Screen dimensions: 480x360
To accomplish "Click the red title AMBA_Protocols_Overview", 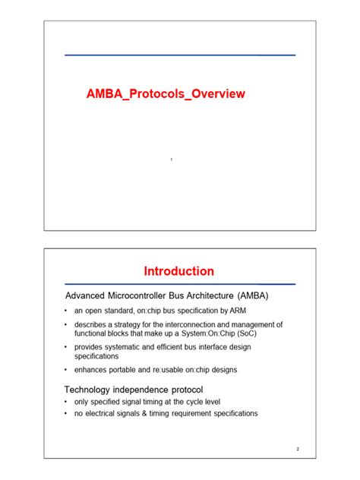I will pos(166,94).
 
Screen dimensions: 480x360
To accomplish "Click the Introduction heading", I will pos(179,271).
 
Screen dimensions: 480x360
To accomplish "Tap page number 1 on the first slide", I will pos(172,159).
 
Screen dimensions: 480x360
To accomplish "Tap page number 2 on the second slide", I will pos(298,449).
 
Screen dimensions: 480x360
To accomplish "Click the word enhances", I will pos(93,370).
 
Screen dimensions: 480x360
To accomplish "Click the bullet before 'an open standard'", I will pos(67,311).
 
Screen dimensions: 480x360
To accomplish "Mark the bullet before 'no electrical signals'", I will pos(67,413).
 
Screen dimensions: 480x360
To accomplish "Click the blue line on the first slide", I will pos(179,55).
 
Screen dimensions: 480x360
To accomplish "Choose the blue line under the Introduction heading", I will pos(179,284).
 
